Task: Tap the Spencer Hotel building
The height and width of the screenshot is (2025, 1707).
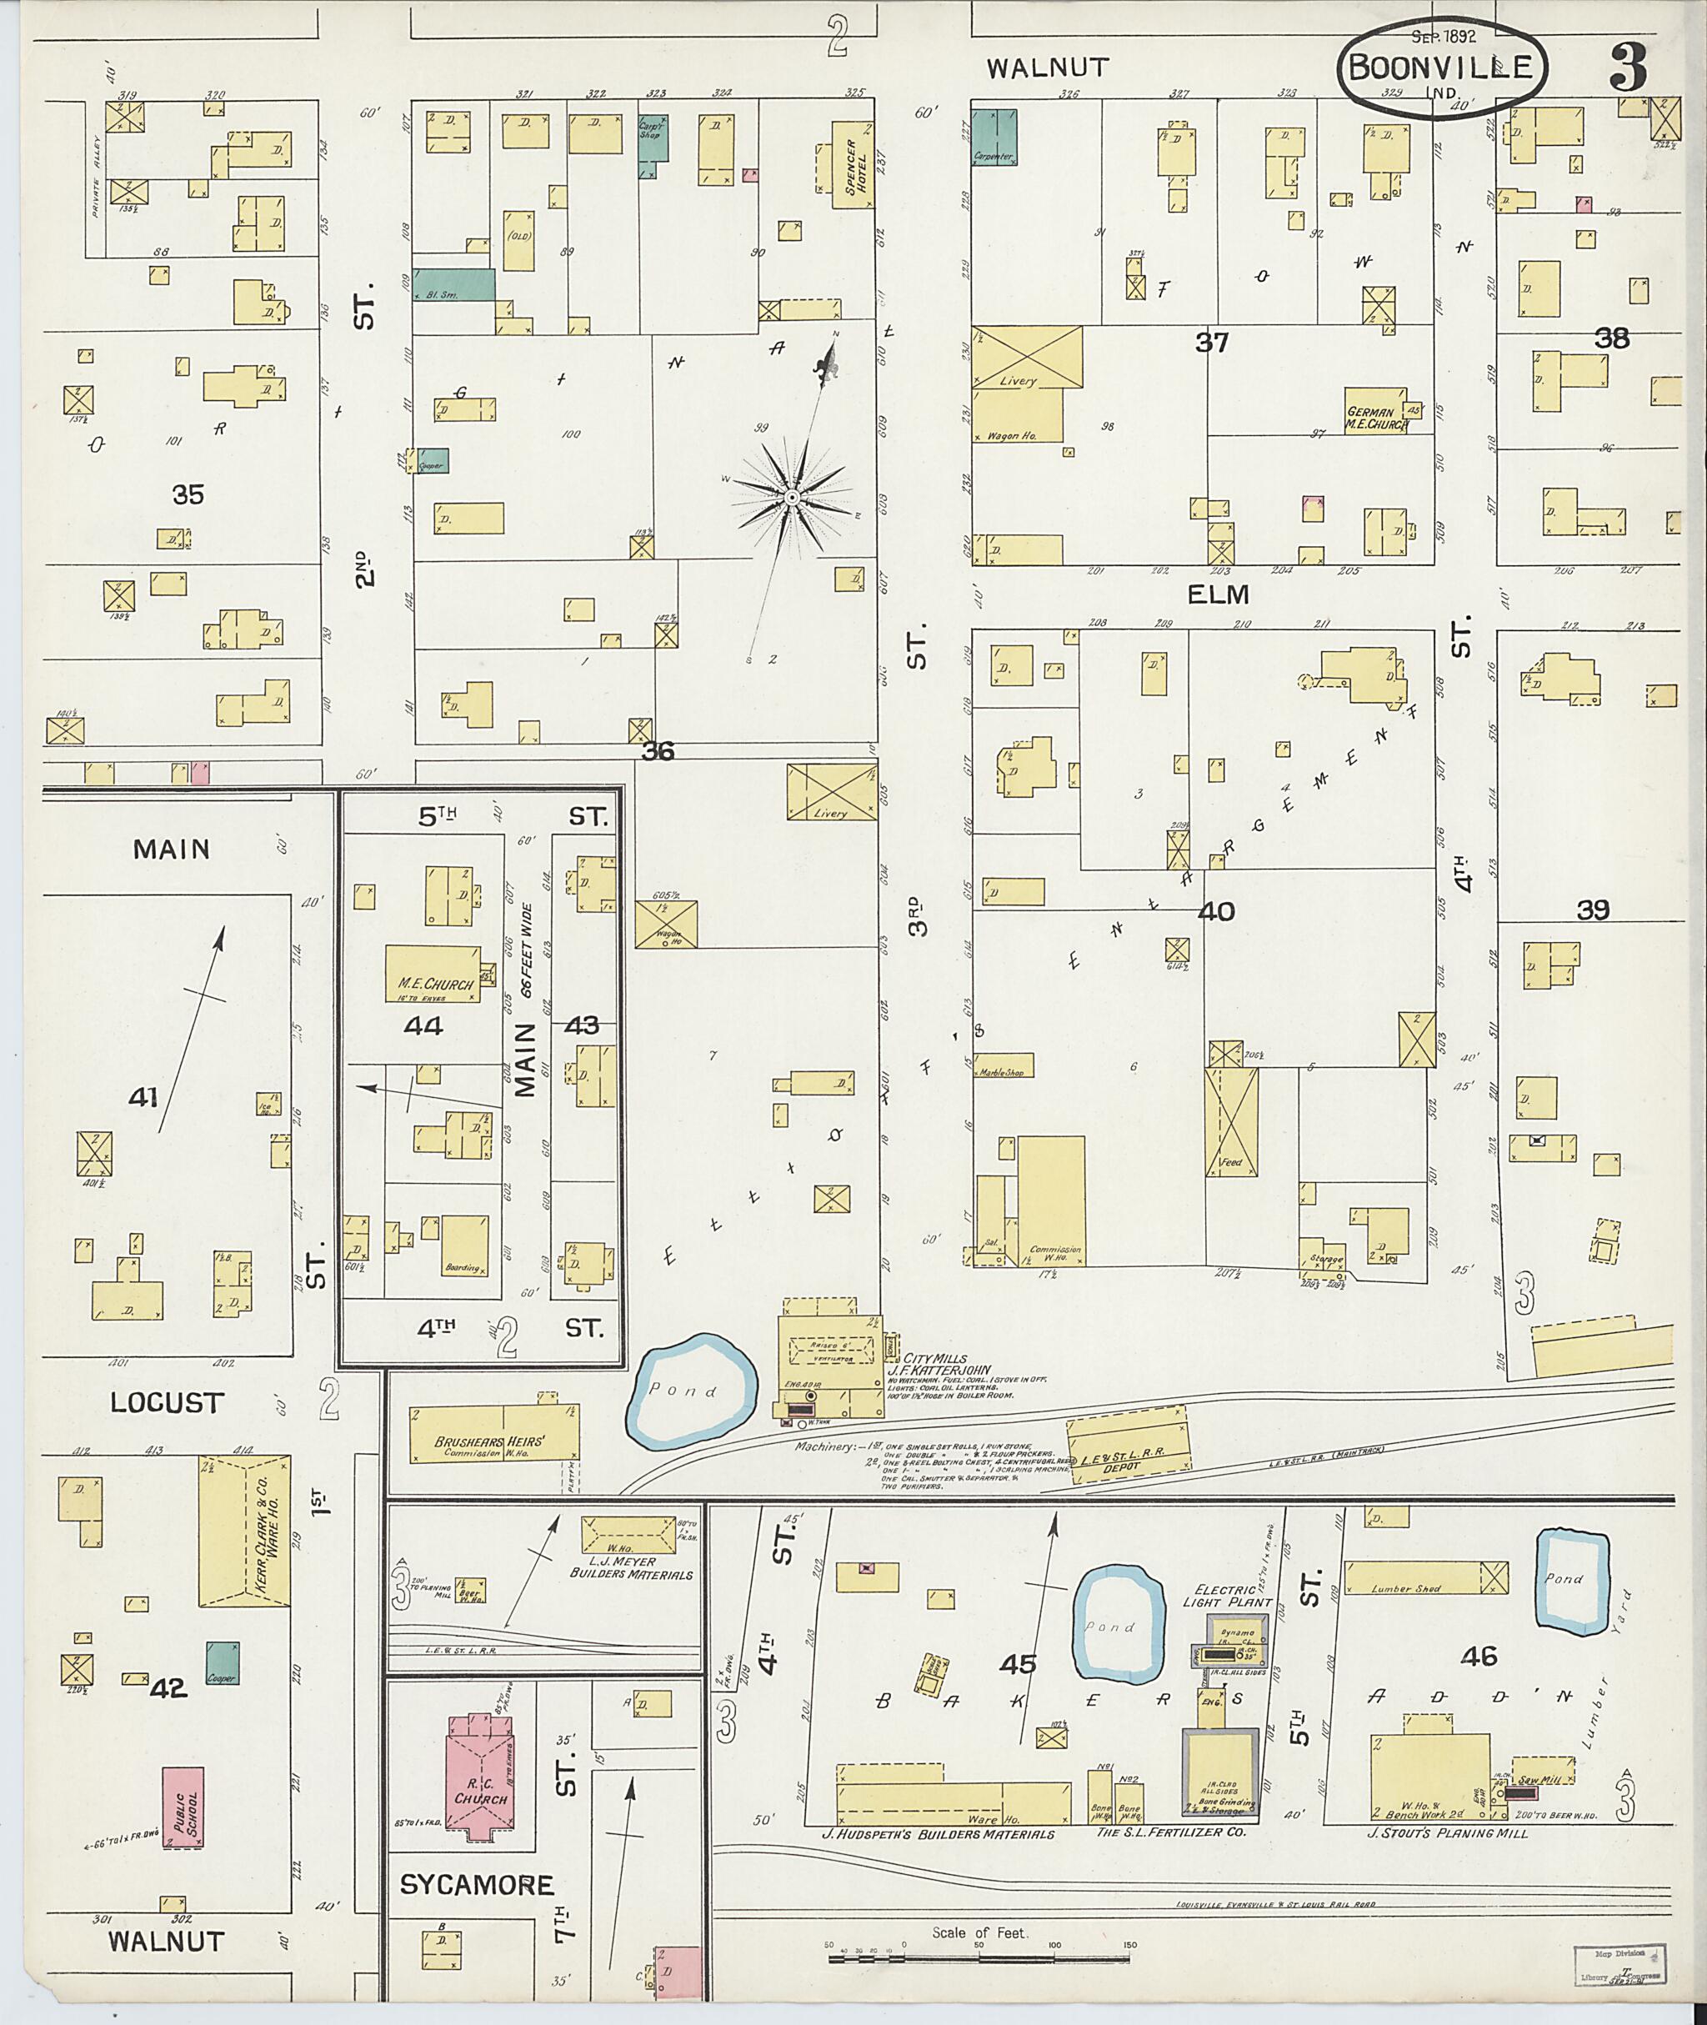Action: pyautogui.click(x=853, y=163)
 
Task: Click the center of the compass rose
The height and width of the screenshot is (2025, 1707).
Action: pyautogui.click(x=792, y=498)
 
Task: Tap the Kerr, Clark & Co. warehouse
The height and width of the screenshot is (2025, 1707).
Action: pyautogui.click(x=245, y=1531)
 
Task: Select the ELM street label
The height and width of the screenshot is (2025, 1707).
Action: pyautogui.click(x=1219, y=594)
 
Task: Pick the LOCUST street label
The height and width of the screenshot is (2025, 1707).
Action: pyautogui.click(x=167, y=1402)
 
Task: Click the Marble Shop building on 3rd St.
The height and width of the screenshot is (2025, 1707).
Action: pyautogui.click(x=1004, y=1065)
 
